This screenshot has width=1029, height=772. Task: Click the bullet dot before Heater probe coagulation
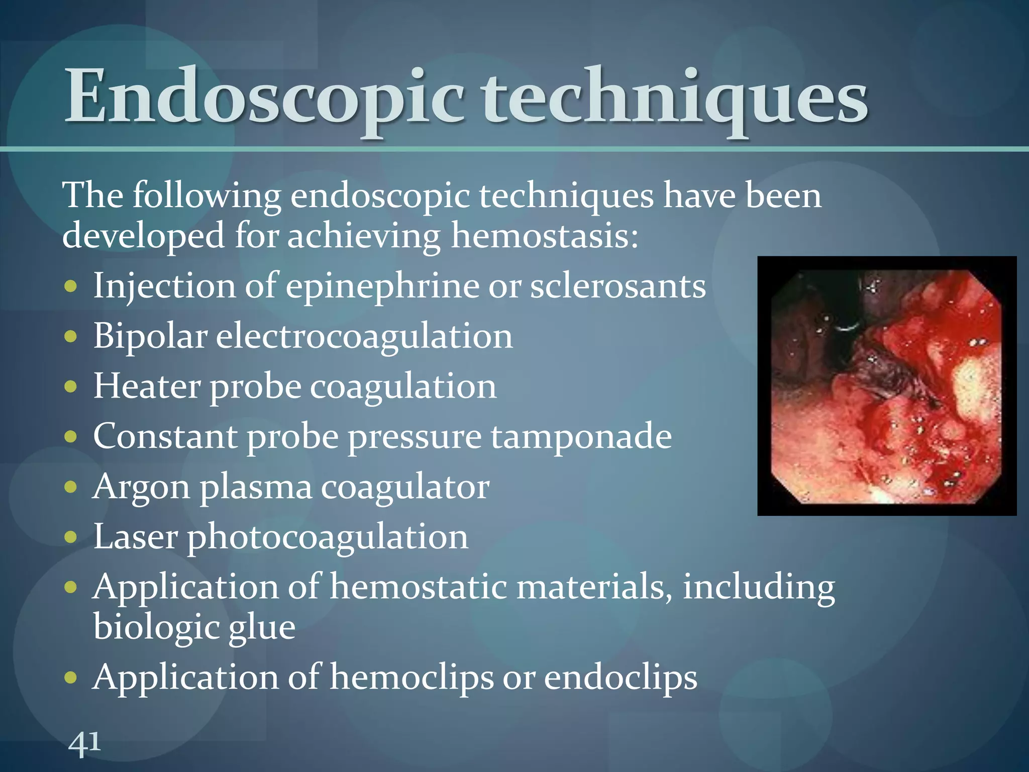pos(71,387)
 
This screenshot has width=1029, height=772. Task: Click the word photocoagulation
pos(328,537)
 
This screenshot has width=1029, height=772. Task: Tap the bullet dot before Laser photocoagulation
pos(71,537)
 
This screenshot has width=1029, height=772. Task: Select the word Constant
pos(165,436)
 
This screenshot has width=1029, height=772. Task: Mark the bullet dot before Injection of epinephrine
pos(71,286)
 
